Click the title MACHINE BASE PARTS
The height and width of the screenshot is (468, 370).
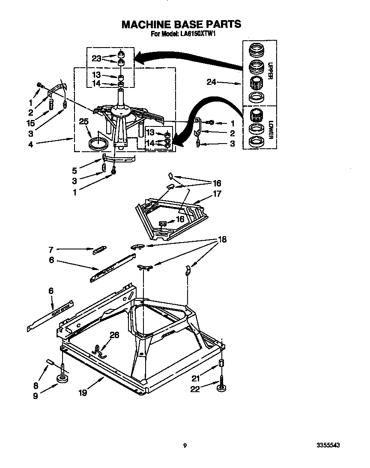(181, 24)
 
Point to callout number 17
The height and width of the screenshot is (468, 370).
(217, 194)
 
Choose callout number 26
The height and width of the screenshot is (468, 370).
(114, 336)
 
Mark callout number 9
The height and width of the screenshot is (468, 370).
(35, 396)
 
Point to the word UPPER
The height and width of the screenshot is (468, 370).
(270, 71)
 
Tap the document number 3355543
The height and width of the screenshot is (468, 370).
(329, 446)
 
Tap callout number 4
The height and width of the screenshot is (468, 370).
(30, 144)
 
